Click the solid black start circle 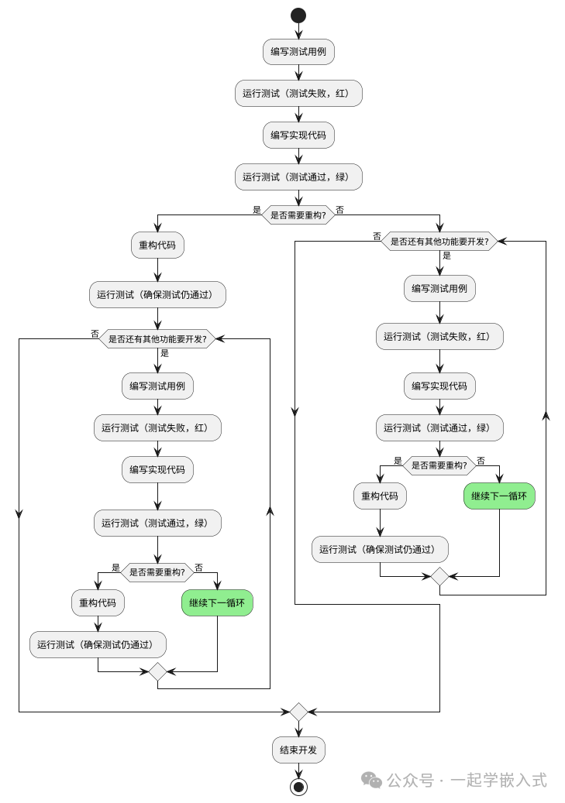(x=298, y=15)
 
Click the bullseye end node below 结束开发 (x=298, y=787)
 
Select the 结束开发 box (x=298, y=750)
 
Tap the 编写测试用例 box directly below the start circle (x=298, y=52)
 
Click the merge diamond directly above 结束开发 (x=298, y=712)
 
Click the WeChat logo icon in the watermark (x=374, y=781)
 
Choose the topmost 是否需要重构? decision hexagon (x=298, y=214)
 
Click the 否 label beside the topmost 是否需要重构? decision (x=340, y=209)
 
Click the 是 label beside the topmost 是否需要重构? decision (x=257, y=209)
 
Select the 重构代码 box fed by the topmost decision (x=157, y=246)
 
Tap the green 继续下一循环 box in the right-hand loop (x=499, y=496)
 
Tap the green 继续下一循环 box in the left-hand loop (x=217, y=602)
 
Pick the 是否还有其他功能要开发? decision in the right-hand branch (x=439, y=242)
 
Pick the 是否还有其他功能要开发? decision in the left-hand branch (x=157, y=338)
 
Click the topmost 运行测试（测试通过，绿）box (x=298, y=177)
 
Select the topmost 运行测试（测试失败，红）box (x=298, y=94)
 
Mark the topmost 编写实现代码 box (x=298, y=135)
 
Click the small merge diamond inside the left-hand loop (x=157, y=671)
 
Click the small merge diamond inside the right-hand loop (x=439, y=576)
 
